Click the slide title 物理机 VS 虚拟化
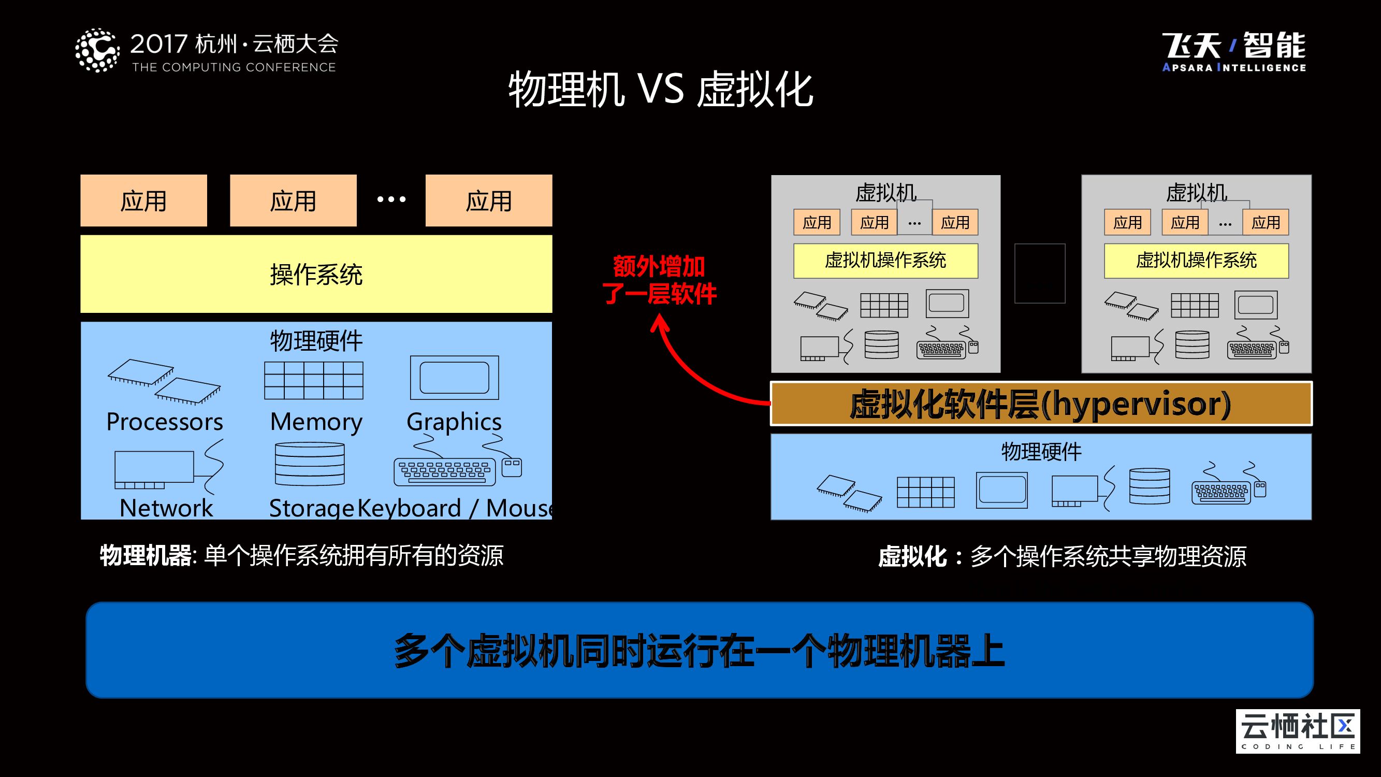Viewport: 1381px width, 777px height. [x=661, y=90]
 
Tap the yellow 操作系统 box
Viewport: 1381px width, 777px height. [x=316, y=274]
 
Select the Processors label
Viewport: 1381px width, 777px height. [x=165, y=422]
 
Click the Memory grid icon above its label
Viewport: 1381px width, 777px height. [x=314, y=380]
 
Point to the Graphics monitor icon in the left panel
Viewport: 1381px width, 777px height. [x=454, y=378]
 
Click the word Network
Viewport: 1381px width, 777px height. [x=166, y=508]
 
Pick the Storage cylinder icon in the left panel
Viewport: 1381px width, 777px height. [x=309, y=464]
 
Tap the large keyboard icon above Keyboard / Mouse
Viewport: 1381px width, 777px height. [x=444, y=471]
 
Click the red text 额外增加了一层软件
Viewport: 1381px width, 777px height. [x=659, y=280]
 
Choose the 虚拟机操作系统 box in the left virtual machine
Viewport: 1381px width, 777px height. [x=885, y=261]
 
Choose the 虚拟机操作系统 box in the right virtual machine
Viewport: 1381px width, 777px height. [x=1196, y=261]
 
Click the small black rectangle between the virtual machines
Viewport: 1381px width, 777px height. [x=1039, y=274]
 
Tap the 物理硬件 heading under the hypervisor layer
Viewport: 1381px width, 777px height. [x=1041, y=452]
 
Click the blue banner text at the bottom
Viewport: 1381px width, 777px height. [x=699, y=650]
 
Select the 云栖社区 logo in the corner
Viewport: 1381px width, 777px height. [x=1297, y=731]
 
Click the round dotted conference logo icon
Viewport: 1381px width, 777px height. [x=97, y=51]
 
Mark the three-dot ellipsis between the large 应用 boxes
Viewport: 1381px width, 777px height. [x=391, y=199]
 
